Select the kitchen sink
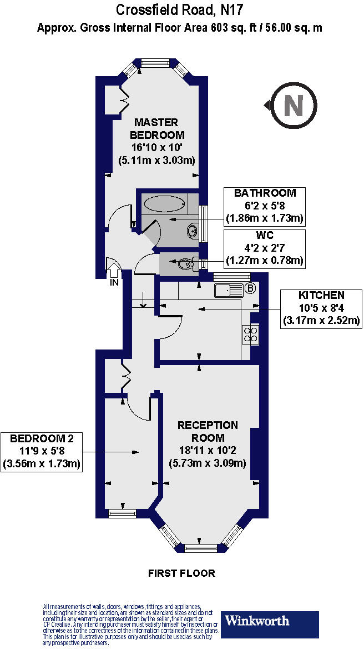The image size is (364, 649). point(228,289)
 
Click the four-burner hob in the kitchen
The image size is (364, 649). point(250,334)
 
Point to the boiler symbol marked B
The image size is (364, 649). point(250,288)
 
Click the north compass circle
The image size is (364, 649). point(294,104)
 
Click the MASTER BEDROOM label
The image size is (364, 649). point(157,128)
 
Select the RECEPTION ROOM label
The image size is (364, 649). point(208,431)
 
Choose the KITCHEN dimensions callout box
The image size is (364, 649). point(321,307)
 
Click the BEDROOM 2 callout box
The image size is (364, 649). point(42,452)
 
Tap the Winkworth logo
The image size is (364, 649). point(270,624)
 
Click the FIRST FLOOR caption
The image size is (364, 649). point(181,573)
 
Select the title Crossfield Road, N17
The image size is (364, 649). point(180,10)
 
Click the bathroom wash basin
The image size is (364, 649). point(192,229)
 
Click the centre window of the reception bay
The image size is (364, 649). point(201,548)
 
